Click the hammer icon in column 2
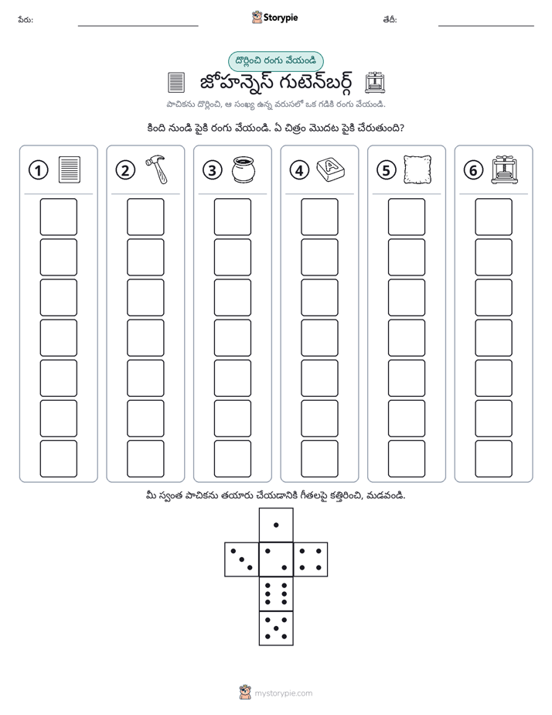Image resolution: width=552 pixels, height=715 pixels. tap(157, 169)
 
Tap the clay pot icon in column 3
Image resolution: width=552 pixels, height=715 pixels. tap(244, 169)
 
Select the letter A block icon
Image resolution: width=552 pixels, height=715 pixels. tap(331, 169)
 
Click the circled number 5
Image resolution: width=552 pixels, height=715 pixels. tap(387, 170)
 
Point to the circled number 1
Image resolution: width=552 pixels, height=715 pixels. tap(38, 170)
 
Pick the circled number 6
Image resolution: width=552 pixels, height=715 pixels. tap(473, 170)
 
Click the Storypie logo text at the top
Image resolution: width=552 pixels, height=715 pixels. tap(281, 18)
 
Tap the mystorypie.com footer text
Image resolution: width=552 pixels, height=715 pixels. tap(283, 693)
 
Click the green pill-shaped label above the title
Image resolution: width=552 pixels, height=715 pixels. tap(275, 61)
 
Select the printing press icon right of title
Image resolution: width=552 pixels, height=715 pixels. tap(375, 82)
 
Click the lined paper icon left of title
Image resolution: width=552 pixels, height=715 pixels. tap(176, 83)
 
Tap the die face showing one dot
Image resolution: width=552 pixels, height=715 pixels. tap(276, 525)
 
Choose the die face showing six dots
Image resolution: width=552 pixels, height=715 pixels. tap(276, 594)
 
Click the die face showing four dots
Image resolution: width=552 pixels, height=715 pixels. tap(311, 559)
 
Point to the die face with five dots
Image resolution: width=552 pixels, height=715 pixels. tap(276, 628)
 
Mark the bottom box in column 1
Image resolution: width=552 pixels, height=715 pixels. tap(58, 459)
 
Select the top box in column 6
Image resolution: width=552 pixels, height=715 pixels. tap(494, 217)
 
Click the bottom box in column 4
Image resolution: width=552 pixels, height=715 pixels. tap(320, 459)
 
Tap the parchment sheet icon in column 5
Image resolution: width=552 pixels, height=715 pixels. tap(417, 169)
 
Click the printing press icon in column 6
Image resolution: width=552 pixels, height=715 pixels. tap(505, 169)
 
